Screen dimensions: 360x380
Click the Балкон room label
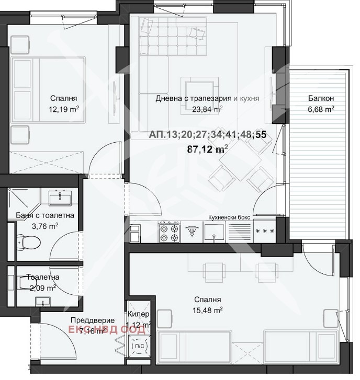[321, 98]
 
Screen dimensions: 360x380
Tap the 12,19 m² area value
[64, 109]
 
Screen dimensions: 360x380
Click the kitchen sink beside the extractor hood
[213, 232]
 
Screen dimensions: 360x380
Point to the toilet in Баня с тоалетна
[28, 242]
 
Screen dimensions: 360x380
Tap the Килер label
[138, 314]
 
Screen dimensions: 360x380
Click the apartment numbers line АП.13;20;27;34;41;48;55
[208, 135]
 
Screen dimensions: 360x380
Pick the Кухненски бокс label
[229, 217]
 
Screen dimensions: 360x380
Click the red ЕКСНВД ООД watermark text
[107, 330]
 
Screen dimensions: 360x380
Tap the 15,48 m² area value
[208, 310]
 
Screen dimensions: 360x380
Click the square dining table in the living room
[240, 160]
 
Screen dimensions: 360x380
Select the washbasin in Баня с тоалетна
[60, 198]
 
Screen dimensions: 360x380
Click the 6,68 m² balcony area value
[321, 109]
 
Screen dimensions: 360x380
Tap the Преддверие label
[93, 320]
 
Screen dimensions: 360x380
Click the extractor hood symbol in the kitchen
[192, 231]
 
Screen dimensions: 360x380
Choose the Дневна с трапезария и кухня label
[207, 98]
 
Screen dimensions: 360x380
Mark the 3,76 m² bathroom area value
[45, 226]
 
